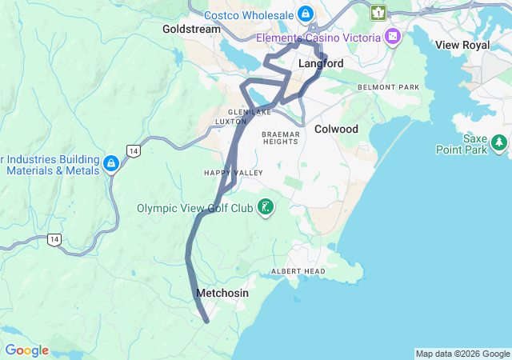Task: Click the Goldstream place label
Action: click(190, 29)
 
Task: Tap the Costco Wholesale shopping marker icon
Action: click(306, 14)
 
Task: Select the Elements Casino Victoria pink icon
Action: click(393, 37)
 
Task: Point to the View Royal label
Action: click(462, 46)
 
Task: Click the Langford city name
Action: click(321, 63)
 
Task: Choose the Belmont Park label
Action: click(389, 86)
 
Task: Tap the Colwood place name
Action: click(336, 129)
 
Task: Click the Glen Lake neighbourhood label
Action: click(246, 112)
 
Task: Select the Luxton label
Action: click(231, 122)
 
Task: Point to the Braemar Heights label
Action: click(280, 138)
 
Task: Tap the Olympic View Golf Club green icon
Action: click(266, 209)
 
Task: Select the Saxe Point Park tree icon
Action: click(500, 143)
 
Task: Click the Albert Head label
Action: click(298, 271)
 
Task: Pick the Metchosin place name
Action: click(222, 294)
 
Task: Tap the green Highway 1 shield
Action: click(378, 13)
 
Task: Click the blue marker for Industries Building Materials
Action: click(111, 165)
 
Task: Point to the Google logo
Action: click(26, 350)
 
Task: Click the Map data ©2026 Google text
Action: click(462, 354)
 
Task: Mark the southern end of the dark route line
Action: click(206, 322)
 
